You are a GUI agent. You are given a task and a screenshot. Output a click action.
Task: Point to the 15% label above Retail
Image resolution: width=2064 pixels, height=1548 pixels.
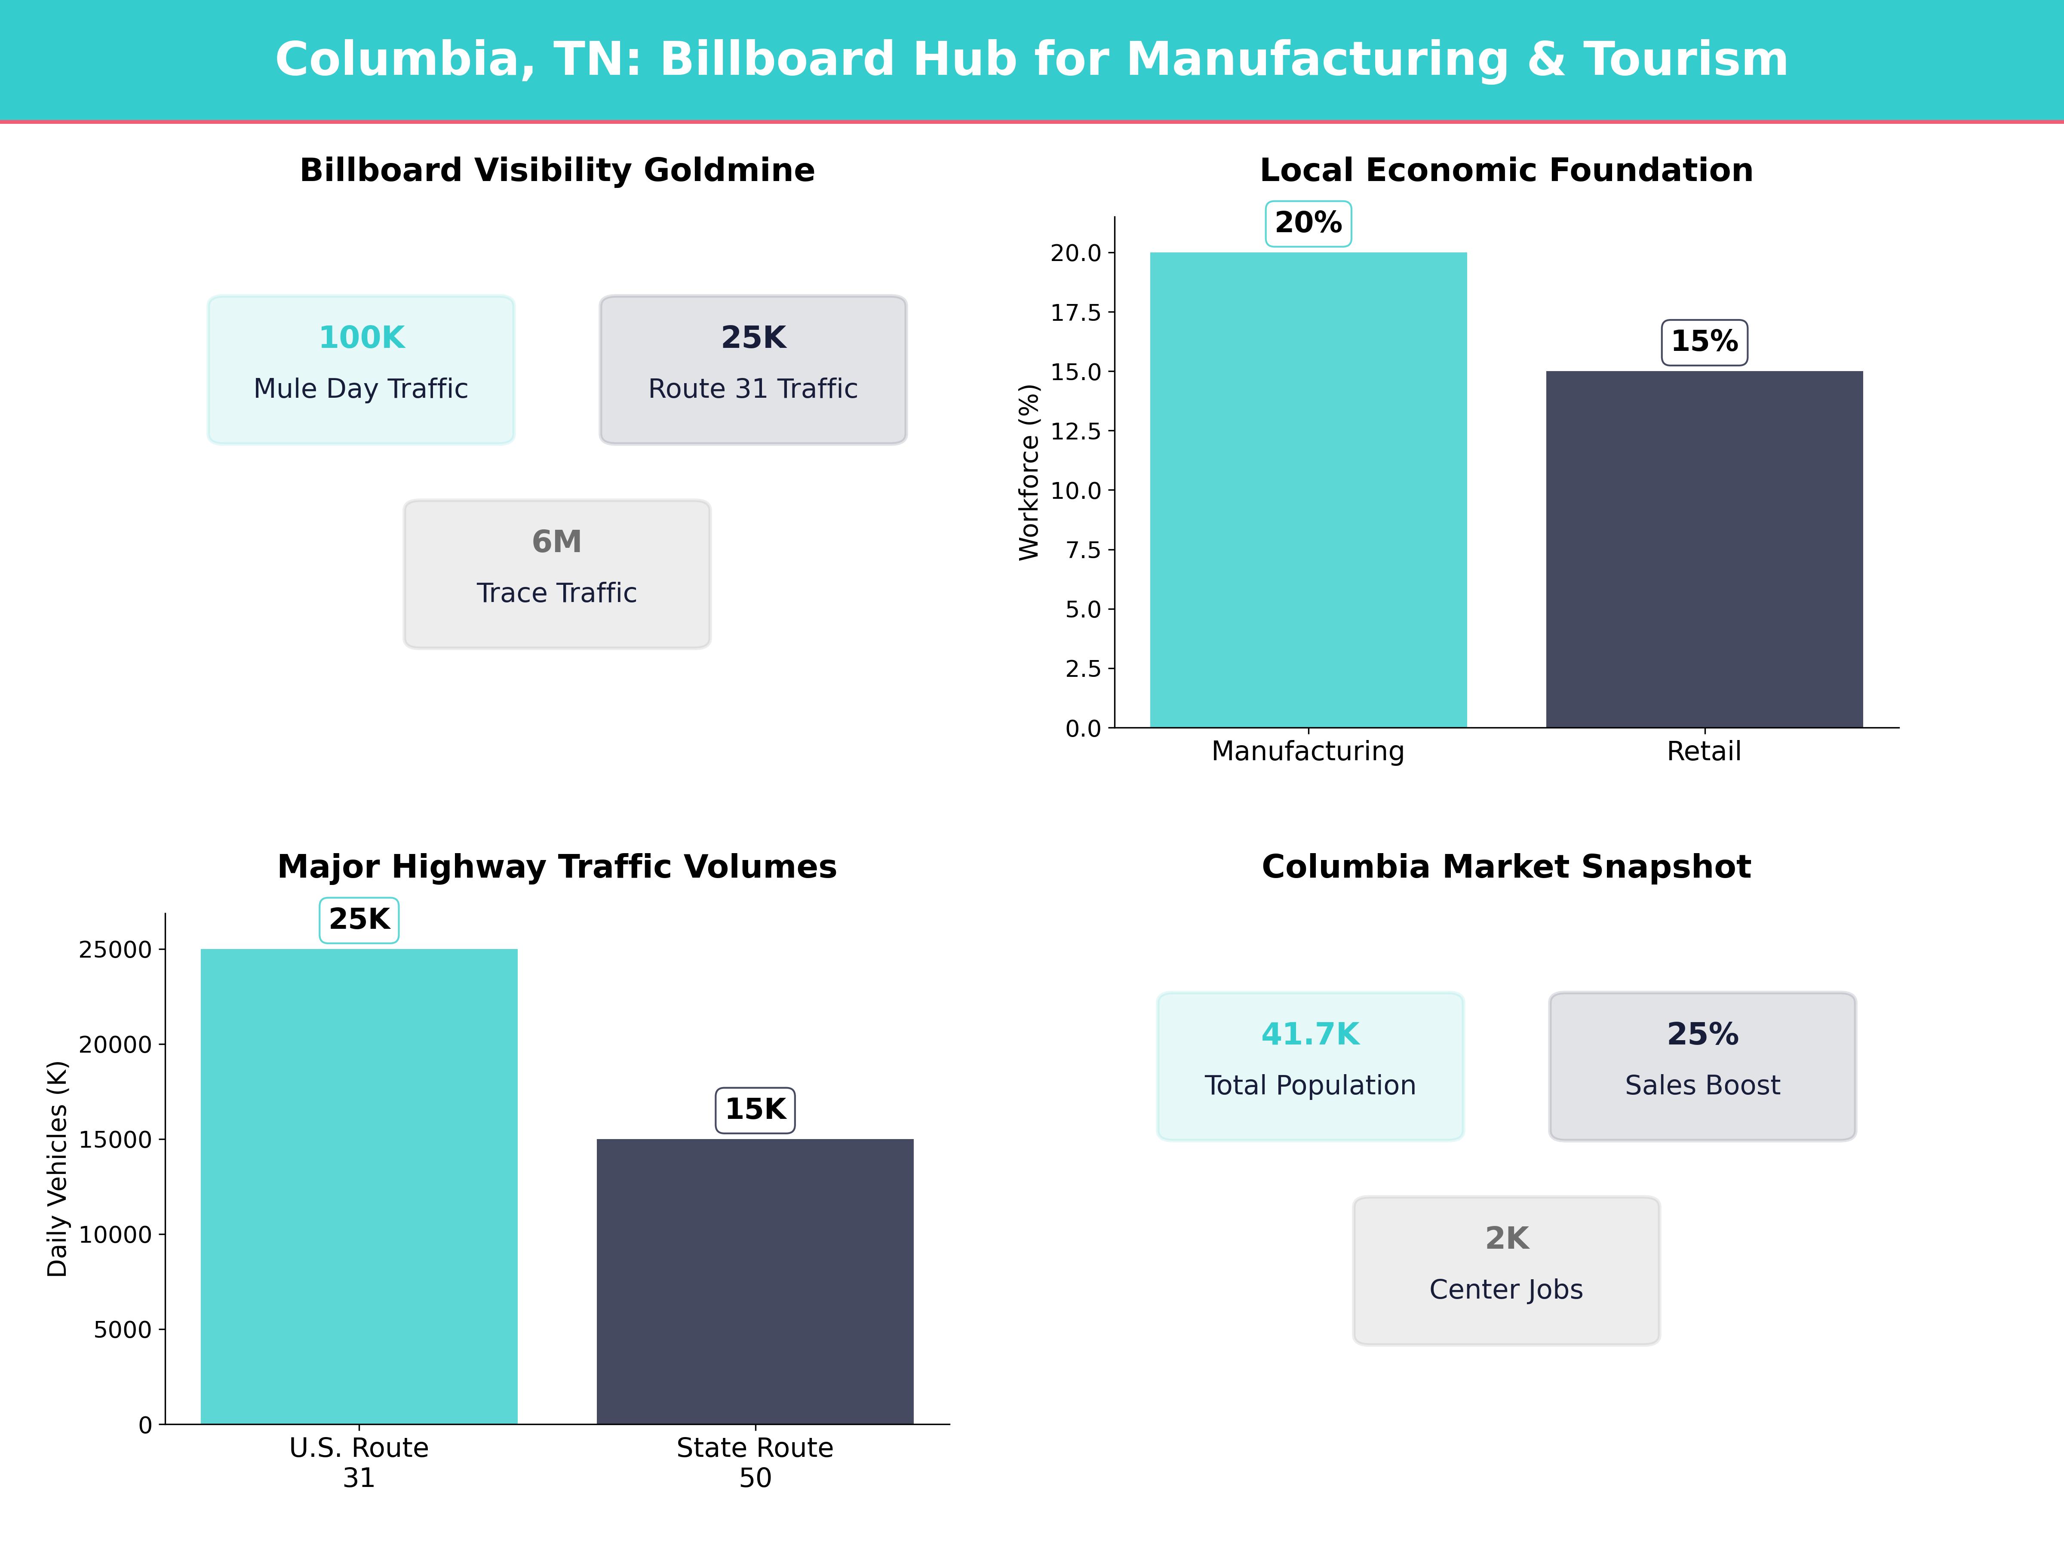[1704, 341]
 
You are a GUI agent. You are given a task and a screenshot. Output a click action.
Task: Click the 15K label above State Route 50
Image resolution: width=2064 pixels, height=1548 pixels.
[755, 1109]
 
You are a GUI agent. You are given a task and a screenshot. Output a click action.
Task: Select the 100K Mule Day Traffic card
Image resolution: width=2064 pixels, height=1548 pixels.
[361, 369]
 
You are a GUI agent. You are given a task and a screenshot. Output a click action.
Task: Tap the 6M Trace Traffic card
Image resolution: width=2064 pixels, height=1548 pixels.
[557, 574]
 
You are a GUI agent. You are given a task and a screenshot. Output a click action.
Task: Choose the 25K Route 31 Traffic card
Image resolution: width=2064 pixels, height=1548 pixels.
[753, 369]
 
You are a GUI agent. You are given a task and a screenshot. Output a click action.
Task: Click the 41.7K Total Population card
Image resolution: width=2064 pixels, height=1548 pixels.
[1310, 1066]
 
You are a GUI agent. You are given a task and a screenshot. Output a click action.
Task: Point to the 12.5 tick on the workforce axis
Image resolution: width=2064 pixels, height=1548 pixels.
[1076, 431]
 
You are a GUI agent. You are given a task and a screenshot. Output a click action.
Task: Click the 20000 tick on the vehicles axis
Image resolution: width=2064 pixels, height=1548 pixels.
[115, 1045]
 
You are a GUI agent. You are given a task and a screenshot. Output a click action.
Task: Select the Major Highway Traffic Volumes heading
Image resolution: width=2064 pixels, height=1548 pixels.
[557, 867]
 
